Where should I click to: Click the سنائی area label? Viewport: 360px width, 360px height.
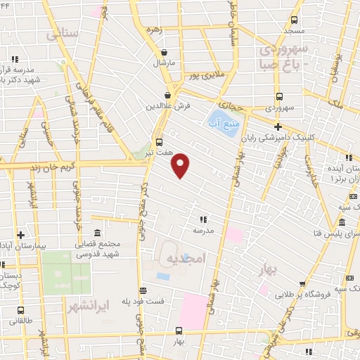click(x=62, y=34)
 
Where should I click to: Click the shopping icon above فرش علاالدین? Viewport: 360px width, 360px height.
click(x=167, y=95)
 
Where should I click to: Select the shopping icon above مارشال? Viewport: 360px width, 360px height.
click(x=164, y=52)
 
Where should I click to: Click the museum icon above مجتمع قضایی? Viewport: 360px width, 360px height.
click(x=97, y=233)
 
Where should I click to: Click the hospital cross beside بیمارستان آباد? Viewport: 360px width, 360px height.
click(x=21, y=235)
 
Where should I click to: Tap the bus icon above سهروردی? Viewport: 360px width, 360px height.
click(x=279, y=97)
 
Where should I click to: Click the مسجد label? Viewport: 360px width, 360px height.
click(x=295, y=32)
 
